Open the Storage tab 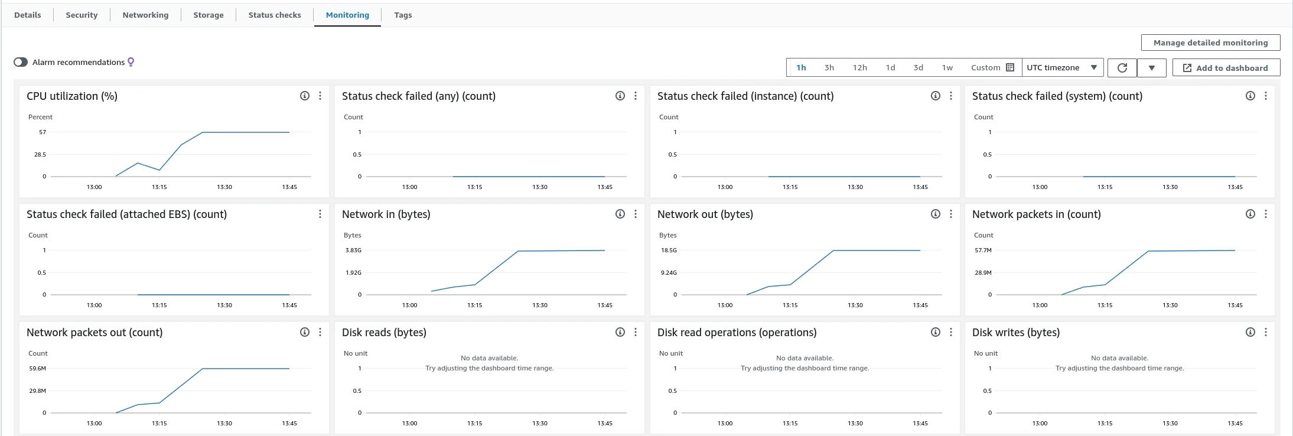coord(208,15)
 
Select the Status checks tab coord(275,15)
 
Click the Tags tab coord(403,15)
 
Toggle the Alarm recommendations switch coord(21,62)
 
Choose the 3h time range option coord(829,67)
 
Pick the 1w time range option coord(947,67)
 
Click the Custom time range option coord(992,67)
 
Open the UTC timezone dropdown coord(1061,67)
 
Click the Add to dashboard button coord(1226,68)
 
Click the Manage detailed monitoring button coord(1211,43)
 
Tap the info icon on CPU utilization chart coord(305,96)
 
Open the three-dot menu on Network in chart coord(636,214)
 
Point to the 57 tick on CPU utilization coord(43,132)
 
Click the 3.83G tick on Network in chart coord(353,250)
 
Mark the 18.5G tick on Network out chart coord(669,250)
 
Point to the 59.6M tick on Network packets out coord(37,369)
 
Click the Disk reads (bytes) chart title coord(384,332)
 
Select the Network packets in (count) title coord(1036,214)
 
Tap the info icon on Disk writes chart coord(1250,332)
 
